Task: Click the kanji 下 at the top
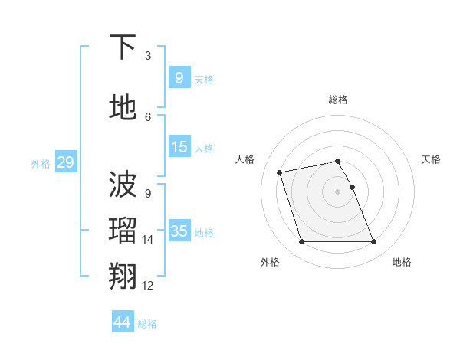pos(123,47)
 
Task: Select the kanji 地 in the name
pos(123,108)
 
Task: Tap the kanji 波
pos(123,183)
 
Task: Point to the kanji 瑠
pos(123,230)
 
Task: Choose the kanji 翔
pos(123,276)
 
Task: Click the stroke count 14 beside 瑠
pos(148,240)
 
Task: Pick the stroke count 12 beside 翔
pos(148,286)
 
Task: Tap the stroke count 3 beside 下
pos(148,56)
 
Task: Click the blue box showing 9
pos(179,77)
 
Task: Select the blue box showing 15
pos(179,147)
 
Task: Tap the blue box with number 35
pos(179,231)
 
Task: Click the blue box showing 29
pos(65,162)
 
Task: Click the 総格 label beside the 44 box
pos(148,324)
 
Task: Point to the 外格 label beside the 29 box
pos(41,163)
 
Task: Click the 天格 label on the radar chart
pos(431,159)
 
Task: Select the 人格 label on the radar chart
pos(245,159)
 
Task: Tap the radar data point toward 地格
pos(373,242)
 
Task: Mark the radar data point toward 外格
pos(301,242)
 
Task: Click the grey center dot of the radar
pos(337,191)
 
